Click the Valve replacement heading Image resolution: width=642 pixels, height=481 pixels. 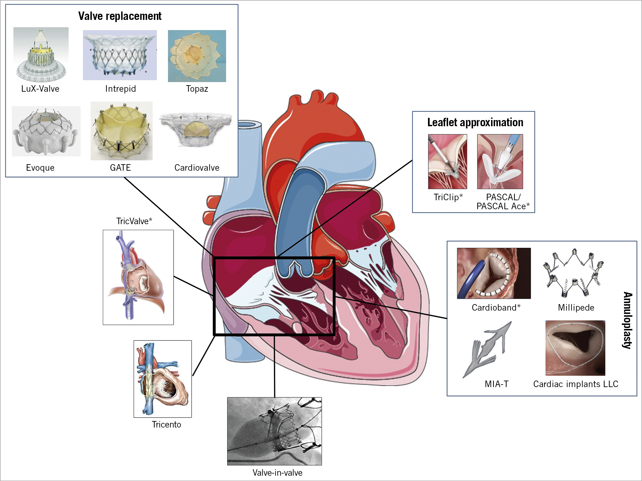pyautogui.click(x=120, y=16)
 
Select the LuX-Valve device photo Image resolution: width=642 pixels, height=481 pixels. pyautogui.click(x=41, y=55)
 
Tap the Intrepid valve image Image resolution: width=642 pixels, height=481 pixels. pyautogui.click(x=120, y=55)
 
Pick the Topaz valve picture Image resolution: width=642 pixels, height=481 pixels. pyautogui.click(x=197, y=56)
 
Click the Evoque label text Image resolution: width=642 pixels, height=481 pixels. pyautogui.click(x=40, y=168)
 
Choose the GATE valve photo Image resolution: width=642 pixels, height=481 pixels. pyautogui.click(x=121, y=131)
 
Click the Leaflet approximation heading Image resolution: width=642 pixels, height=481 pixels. pyautogui.click(x=475, y=123)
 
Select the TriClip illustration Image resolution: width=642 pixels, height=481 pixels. pyautogui.click(x=447, y=162)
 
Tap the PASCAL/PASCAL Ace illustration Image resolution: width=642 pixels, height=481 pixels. pyautogui.click(x=500, y=162)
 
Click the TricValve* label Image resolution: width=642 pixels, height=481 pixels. pyautogui.click(x=134, y=221)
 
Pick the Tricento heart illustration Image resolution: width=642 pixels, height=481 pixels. pyautogui.click(x=162, y=379)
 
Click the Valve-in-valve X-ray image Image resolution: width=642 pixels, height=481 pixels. pyautogui.click(x=275, y=431)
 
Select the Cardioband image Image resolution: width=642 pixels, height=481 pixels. pyautogui.click(x=494, y=273)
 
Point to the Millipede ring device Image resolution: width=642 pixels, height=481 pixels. pyautogui.click(x=574, y=273)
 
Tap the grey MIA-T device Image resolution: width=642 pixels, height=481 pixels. pyautogui.click(x=487, y=350)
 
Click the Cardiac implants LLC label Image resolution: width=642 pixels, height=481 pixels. pyautogui.click(x=576, y=384)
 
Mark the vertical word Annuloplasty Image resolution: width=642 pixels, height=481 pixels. pyautogui.click(x=627, y=320)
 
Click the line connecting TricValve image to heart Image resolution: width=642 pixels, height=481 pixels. pyautogui.click(x=193, y=285)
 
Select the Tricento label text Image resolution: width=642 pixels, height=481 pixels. pyautogui.click(x=166, y=425)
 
